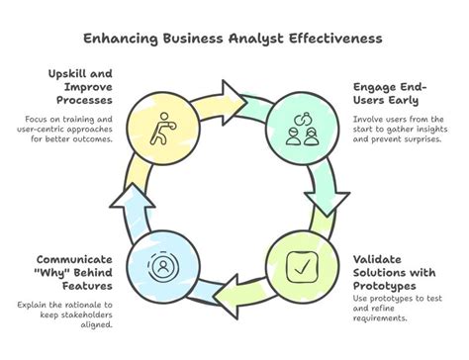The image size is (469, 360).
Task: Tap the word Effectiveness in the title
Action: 326,39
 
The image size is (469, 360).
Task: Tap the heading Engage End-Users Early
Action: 388,94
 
